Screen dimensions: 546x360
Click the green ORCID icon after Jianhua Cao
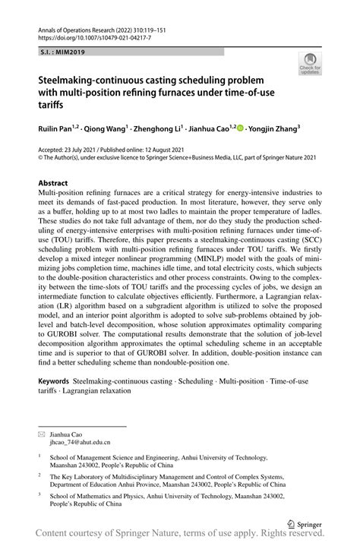point(241,129)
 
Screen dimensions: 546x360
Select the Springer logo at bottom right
point(305,522)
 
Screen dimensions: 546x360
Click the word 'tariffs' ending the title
point(53,104)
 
